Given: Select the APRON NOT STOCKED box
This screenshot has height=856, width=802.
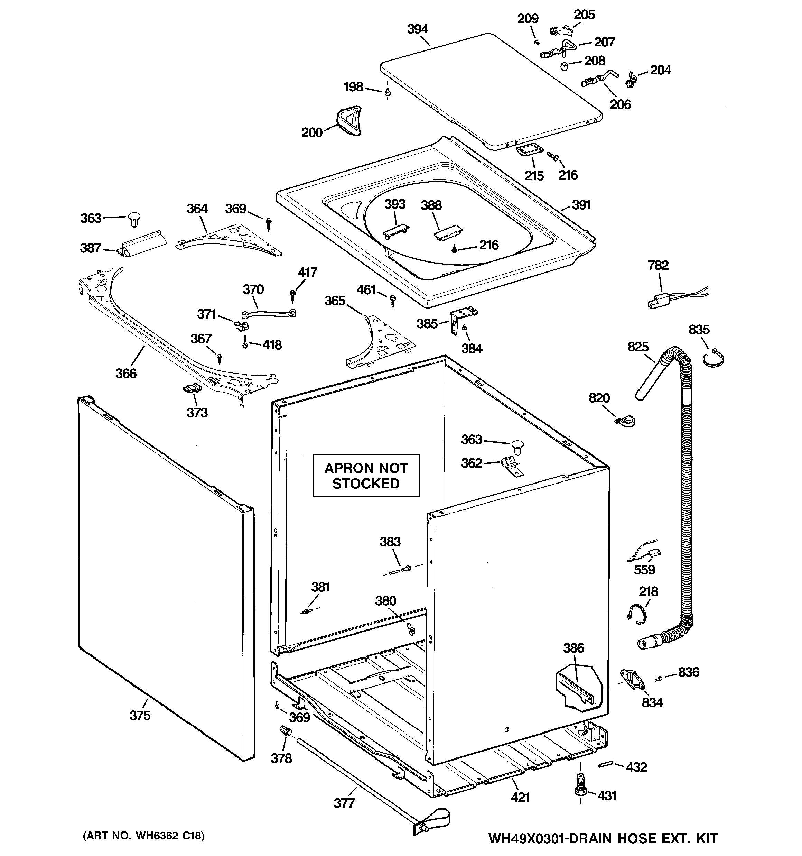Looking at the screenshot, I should pyautogui.click(x=366, y=475).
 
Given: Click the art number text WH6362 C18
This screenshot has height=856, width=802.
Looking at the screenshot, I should pyautogui.click(x=144, y=836).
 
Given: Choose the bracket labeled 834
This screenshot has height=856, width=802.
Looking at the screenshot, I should pyautogui.click(x=632, y=680).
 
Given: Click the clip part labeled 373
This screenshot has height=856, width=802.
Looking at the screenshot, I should pyautogui.click(x=192, y=388).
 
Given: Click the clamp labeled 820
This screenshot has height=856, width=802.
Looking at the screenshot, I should pyautogui.click(x=625, y=422).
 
